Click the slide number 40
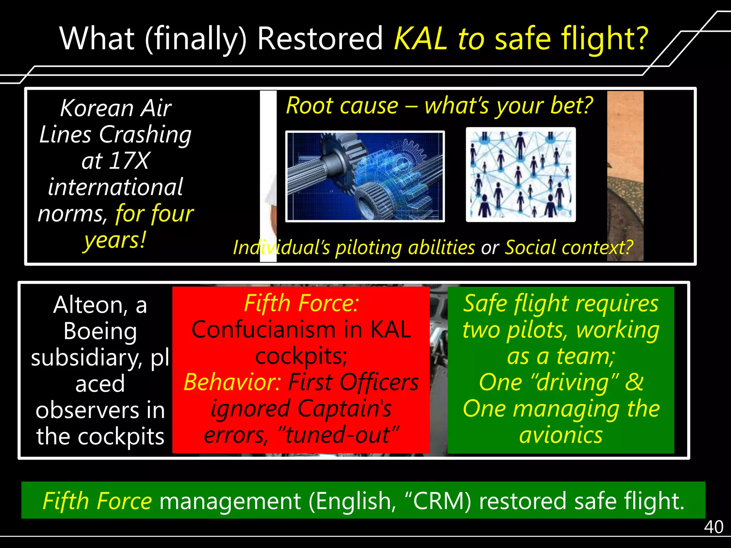click(x=713, y=527)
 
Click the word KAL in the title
click(x=420, y=39)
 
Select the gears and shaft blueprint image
click(x=365, y=176)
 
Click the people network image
click(x=520, y=175)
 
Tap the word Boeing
click(x=100, y=331)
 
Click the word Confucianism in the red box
click(x=263, y=329)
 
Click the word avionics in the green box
click(x=561, y=435)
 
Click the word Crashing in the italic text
click(x=145, y=135)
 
